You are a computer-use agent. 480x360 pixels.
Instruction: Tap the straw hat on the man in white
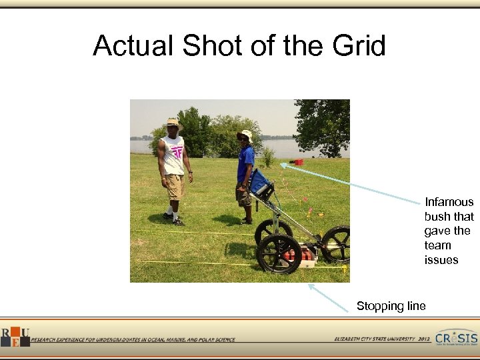(174, 124)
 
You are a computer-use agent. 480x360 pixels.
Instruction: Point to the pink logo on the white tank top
(177, 153)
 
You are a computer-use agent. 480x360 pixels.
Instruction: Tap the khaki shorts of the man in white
(175, 186)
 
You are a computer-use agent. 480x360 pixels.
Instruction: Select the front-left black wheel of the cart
(279, 254)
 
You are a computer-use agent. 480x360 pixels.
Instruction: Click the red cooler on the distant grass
(299, 161)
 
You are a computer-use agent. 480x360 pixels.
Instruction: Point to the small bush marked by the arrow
(269, 157)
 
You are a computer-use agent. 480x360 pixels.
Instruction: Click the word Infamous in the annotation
(449, 202)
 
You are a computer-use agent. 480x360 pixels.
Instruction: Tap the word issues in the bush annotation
(441, 260)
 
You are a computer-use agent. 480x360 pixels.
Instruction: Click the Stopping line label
(391, 306)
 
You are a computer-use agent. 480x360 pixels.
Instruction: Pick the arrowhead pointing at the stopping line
(309, 285)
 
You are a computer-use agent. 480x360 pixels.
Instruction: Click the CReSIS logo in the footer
(456, 338)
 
